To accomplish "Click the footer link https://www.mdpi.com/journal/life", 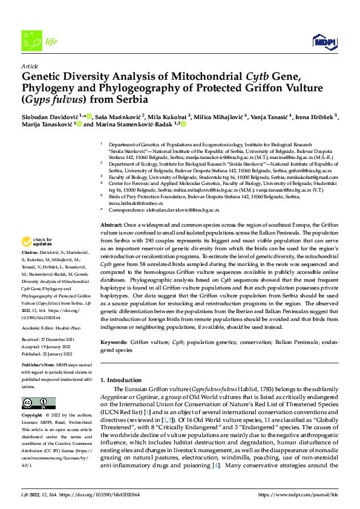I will (x=298, y=495).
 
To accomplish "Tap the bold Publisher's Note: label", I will (x=40, y=366).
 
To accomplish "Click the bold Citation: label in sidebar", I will (x=31, y=251).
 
